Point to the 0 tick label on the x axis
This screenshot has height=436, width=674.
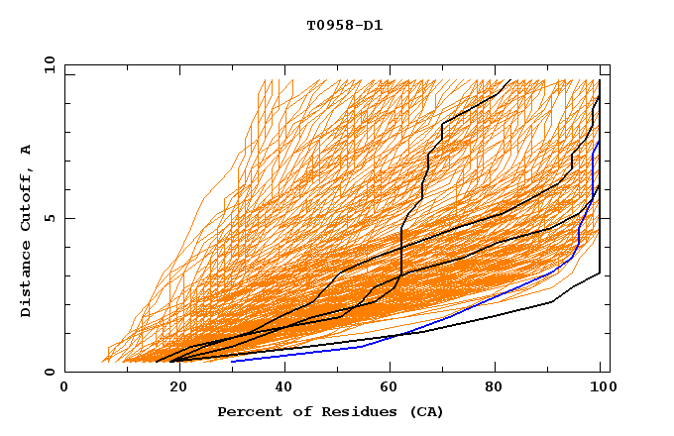(x=64, y=389)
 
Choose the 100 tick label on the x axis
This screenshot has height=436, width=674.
(x=601, y=389)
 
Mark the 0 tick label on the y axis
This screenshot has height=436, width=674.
(x=50, y=373)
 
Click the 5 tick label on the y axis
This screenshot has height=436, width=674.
(x=50, y=218)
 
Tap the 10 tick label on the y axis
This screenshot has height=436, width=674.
(x=47, y=64)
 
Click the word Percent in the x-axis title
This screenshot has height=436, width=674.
(x=247, y=412)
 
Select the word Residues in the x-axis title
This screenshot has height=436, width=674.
(x=348, y=412)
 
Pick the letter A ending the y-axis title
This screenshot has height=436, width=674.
(x=27, y=149)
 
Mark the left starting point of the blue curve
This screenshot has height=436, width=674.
(x=232, y=361)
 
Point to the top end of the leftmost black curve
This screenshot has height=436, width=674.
(x=509, y=80)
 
